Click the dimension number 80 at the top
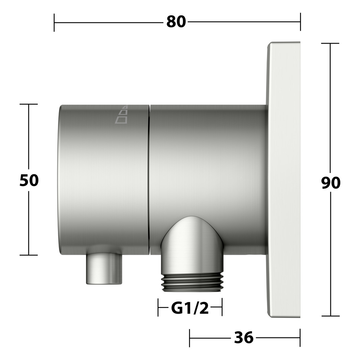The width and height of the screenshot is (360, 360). tap(176, 22)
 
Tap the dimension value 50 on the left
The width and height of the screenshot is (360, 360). tap(29, 180)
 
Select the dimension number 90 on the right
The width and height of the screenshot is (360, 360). tap(331, 183)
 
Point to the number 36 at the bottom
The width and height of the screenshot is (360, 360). tap(244, 338)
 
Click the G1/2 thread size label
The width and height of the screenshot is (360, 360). tap(190, 308)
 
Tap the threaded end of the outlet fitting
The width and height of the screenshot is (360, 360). tap(192, 283)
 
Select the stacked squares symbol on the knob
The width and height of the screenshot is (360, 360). tap(121, 115)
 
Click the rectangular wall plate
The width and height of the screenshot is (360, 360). tap(283, 180)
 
